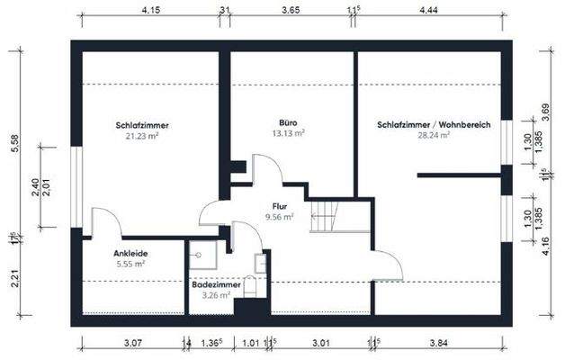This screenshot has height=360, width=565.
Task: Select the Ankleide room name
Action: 130,254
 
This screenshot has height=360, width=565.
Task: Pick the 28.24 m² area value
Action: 434,136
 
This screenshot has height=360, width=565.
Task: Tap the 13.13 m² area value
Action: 288,132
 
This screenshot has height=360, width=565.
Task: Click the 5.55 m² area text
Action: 130,265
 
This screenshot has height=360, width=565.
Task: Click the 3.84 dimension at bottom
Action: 439,342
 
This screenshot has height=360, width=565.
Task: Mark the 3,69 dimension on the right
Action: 545,112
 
